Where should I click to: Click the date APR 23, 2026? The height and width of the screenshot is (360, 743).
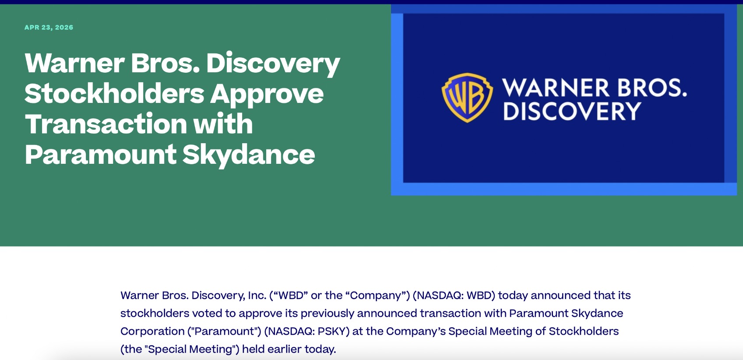[x=49, y=28]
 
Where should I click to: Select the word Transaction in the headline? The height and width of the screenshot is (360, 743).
[x=106, y=124]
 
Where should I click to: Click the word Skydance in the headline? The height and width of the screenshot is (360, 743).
[x=248, y=155]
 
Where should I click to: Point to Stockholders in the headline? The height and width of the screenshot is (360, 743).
[x=114, y=94]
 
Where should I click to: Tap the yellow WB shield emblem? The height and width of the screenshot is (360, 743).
[x=467, y=98]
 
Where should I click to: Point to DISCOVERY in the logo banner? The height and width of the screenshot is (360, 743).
[x=572, y=111]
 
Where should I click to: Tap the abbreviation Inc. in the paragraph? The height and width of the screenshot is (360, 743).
[x=257, y=295]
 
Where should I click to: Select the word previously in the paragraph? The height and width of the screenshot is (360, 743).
[x=327, y=314]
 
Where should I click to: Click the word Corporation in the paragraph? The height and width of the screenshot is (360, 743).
[x=152, y=332]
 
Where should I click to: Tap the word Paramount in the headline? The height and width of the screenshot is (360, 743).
[x=101, y=155]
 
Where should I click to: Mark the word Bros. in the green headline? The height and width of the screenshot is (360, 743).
[x=165, y=63]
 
